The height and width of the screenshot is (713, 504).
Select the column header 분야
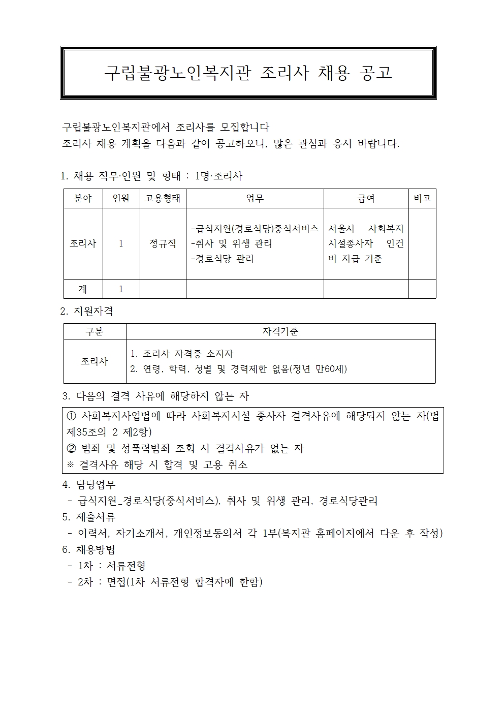(x=83, y=198)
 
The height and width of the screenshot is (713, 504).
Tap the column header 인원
(x=121, y=198)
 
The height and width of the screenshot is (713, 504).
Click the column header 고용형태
(x=163, y=198)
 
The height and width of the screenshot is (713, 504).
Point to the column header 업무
(x=255, y=198)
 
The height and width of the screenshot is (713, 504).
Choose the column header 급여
(x=366, y=198)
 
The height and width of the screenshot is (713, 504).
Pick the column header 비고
(x=422, y=198)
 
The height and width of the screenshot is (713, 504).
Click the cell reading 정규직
(x=163, y=243)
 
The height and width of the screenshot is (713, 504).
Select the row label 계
(x=83, y=289)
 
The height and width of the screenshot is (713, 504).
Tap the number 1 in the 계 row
(x=121, y=289)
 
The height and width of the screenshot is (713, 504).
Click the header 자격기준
(x=280, y=331)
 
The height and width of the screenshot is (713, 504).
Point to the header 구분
(x=94, y=331)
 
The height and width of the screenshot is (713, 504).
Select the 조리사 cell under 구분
(x=94, y=361)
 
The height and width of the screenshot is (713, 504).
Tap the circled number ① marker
(x=72, y=416)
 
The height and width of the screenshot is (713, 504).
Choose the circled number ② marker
(x=72, y=448)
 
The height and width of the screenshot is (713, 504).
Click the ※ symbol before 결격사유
(x=71, y=464)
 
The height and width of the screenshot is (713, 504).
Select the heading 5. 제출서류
(x=89, y=517)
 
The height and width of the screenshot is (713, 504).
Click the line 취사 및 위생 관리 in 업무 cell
(x=232, y=243)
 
